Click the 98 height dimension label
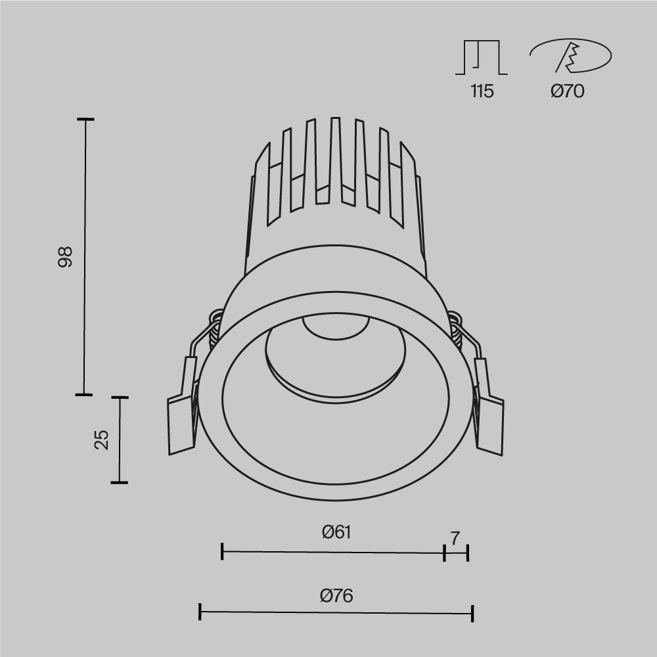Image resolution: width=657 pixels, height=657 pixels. coord(64,257)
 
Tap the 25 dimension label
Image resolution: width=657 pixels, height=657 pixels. coord(101,440)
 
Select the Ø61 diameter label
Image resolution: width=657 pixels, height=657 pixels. coord(336,532)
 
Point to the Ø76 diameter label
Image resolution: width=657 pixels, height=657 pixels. coord(336,596)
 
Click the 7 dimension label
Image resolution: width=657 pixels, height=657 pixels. coord(455,538)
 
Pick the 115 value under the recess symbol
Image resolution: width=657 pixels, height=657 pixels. coord(482,91)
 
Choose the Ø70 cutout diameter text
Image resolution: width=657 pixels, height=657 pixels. coord(567,91)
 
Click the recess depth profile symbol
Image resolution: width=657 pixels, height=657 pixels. coord(482,57)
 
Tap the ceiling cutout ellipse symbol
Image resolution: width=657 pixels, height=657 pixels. coord(570,57)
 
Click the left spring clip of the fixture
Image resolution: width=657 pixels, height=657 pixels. coord(183,411)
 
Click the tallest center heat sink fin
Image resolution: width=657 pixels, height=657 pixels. coord(335,158)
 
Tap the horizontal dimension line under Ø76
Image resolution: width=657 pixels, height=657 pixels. coord(336,613)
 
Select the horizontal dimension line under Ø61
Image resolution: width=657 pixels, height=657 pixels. coord(333,553)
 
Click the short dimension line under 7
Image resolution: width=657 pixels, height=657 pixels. coord(456,553)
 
